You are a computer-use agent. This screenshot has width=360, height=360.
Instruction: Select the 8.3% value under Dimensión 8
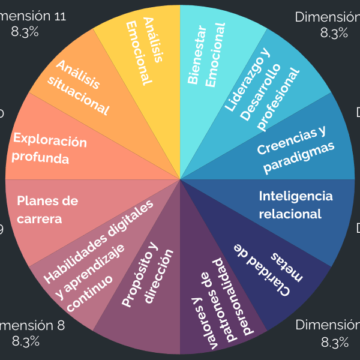(x=25, y=342)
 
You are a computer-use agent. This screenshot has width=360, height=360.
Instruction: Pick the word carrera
(x=39, y=219)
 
